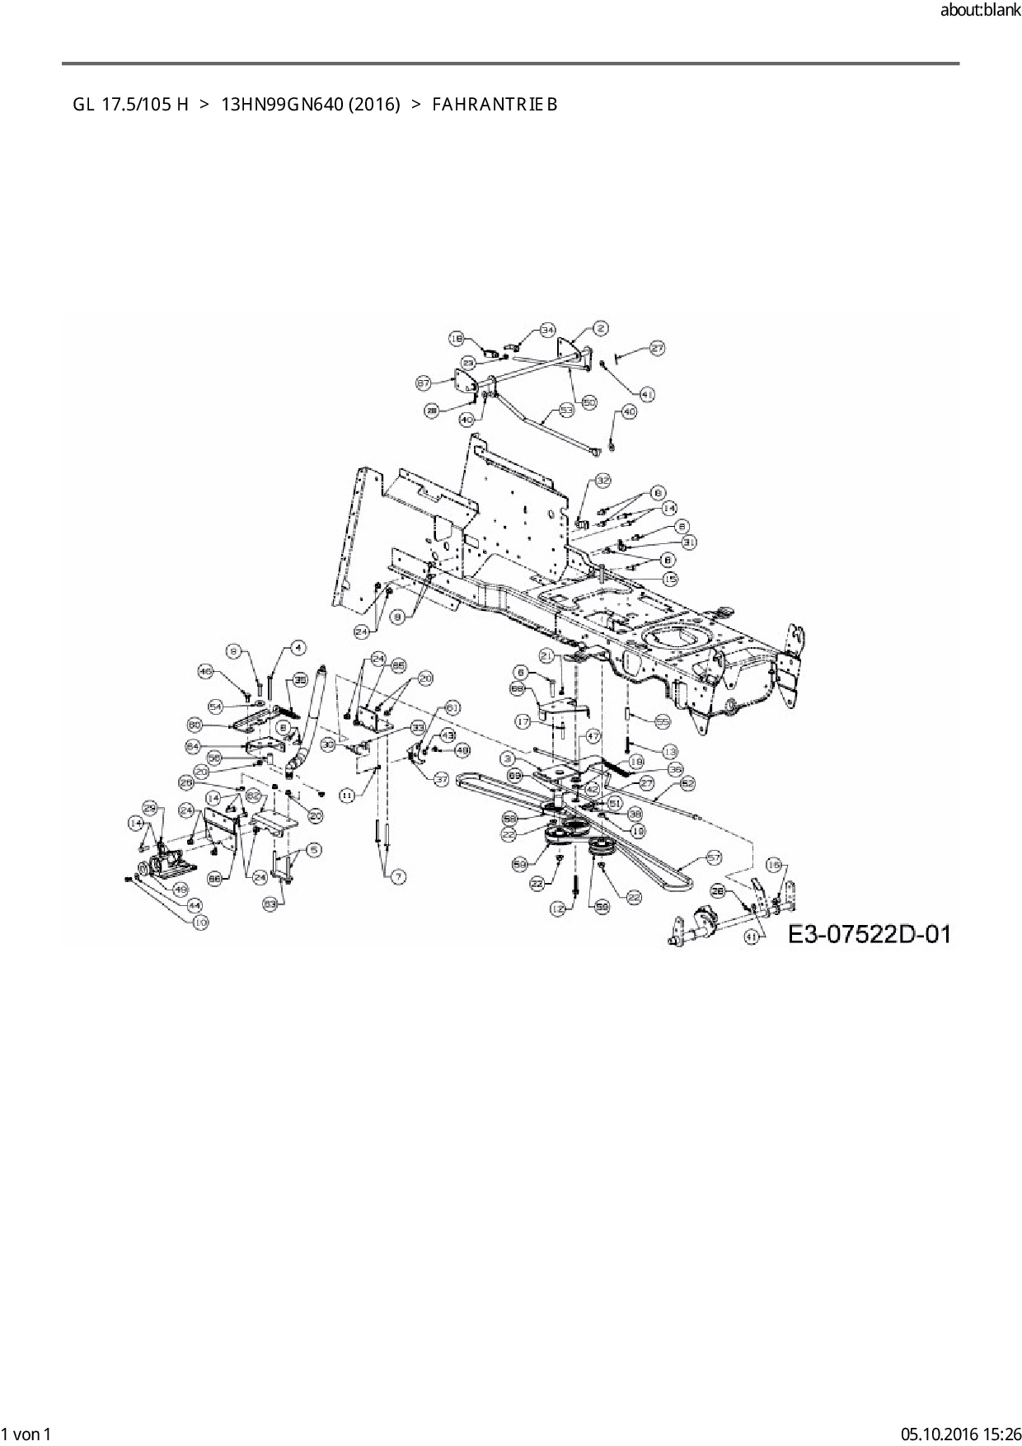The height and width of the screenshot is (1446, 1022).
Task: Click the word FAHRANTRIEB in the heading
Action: (495, 105)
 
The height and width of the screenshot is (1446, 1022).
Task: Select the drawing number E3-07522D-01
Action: (870, 934)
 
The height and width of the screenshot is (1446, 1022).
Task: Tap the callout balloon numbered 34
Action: (548, 330)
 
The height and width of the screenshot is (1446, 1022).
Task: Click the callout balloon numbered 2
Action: (600, 328)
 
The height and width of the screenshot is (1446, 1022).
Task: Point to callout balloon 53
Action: (566, 409)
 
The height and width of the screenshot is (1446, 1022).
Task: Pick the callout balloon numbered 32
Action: (602, 480)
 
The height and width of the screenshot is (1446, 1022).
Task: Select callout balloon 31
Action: (689, 542)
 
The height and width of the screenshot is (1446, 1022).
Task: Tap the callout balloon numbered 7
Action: (398, 876)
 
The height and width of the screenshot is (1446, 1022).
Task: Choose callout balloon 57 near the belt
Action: (714, 857)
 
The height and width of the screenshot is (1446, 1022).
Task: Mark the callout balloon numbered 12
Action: (559, 908)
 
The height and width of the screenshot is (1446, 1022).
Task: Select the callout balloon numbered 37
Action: (441, 778)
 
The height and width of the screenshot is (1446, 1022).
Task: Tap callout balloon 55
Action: (662, 721)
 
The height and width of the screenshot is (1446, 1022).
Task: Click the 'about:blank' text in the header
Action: (980, 11)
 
